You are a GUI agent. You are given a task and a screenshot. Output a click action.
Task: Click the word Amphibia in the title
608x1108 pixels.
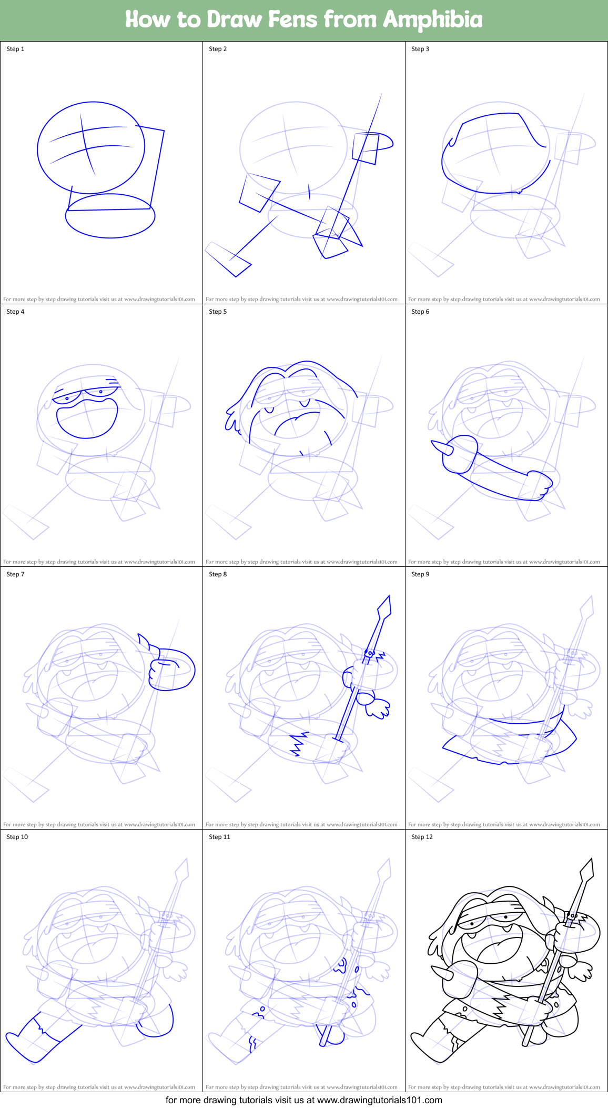(432, 19)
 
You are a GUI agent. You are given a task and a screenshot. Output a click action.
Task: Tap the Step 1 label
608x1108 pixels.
(15, 49)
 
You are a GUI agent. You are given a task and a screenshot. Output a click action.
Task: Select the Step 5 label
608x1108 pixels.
(218, 312)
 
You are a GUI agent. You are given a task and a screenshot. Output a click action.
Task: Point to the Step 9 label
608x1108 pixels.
(420, 574)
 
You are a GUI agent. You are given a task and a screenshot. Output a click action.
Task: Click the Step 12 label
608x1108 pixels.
(422, 837)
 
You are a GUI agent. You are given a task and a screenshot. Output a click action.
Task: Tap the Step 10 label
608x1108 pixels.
(17, 837)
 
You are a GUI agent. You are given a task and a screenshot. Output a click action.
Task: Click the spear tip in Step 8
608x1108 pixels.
(384, 606)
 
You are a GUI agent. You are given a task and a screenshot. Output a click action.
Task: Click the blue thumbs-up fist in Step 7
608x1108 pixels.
(171, 670)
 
